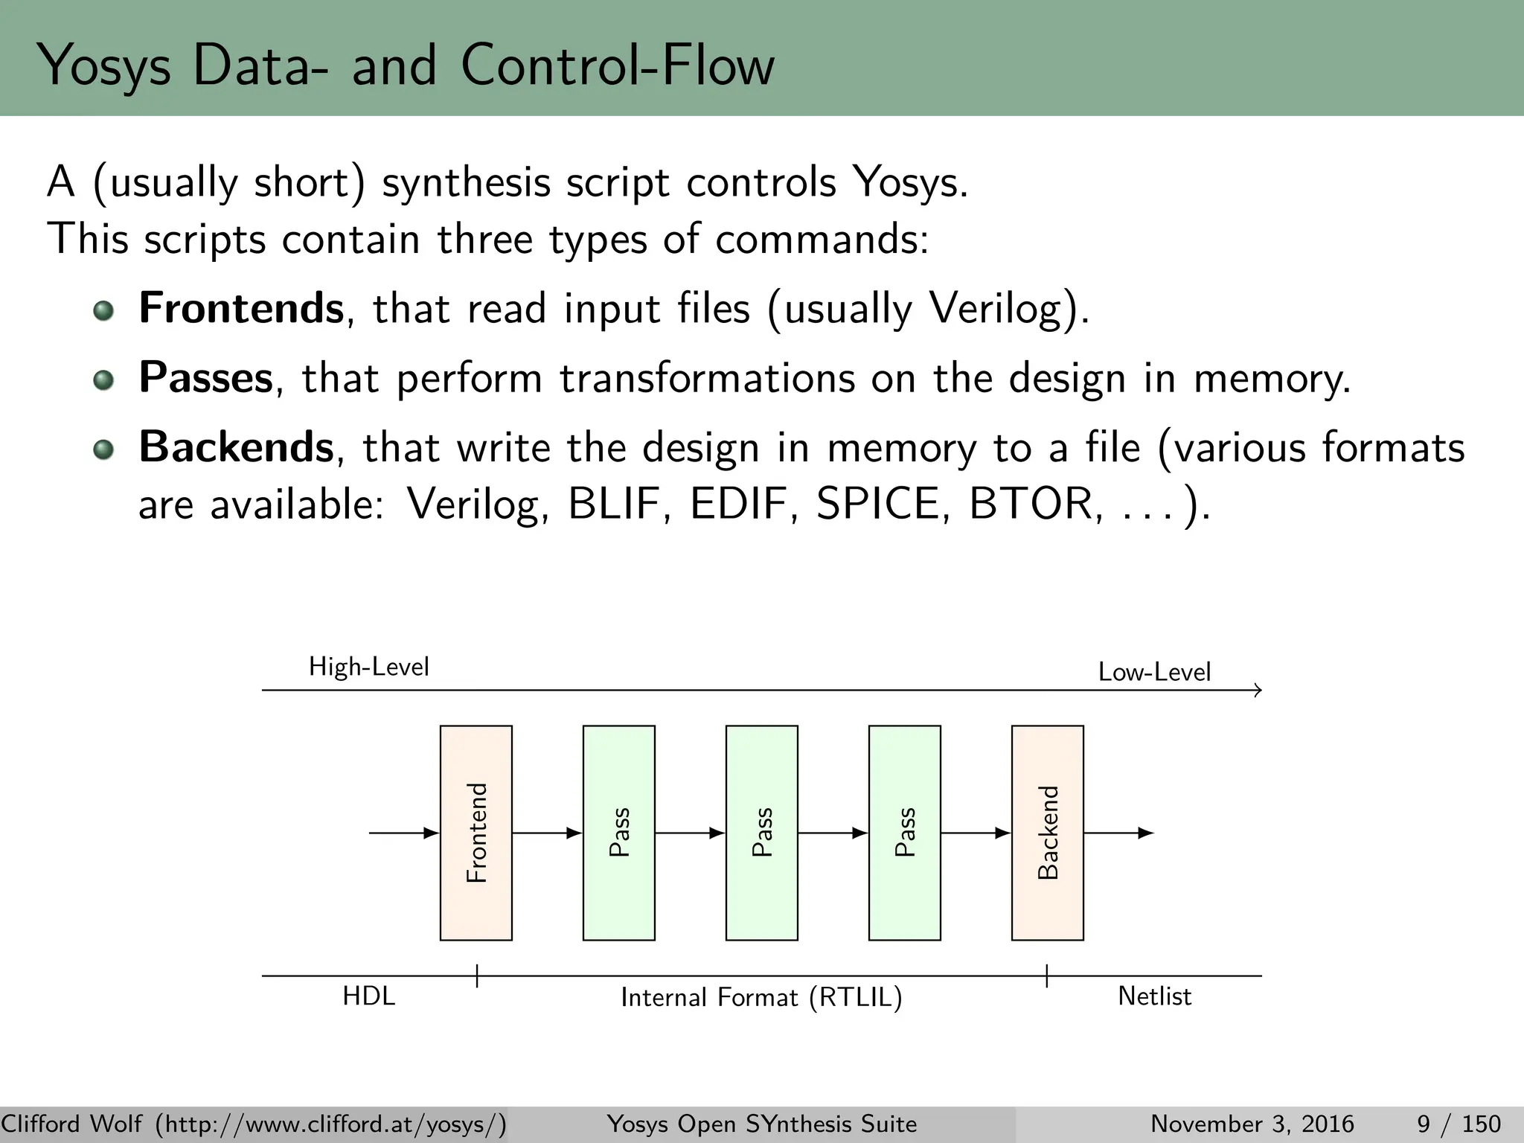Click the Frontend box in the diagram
point(476,833)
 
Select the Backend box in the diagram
point(1047,833)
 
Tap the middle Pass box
point(761,833)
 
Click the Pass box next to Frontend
point(618,833)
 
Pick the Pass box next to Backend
point(904,833)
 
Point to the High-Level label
point(369,667)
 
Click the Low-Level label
point(1154,672)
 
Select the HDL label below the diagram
point(368,996)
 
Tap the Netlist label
point(1154,996)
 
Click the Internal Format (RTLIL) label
point(761,997)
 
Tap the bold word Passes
point(206,377)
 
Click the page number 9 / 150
point(1459,1124)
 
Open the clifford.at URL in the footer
point(330,1124)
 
